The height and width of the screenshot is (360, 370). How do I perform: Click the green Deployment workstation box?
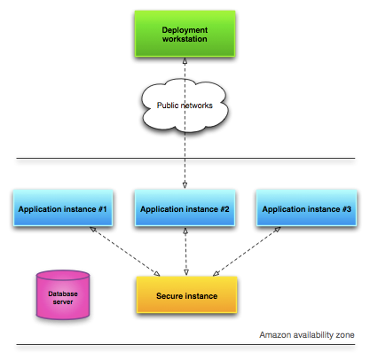pos(185,34)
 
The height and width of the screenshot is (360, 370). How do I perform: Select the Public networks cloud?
pos(185,106)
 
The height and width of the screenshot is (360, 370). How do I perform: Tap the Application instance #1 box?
pos(63,208)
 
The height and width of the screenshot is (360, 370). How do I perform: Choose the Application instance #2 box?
pos(185,208)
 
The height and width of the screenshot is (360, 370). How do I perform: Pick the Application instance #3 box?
pos(306,208)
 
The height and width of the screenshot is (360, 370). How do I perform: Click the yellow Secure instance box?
pos(186,294)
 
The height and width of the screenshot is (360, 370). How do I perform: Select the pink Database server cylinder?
pos(63,295)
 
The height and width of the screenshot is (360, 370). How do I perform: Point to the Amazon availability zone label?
pos(307,335)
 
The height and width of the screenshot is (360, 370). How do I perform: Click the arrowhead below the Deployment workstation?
pos(185,61)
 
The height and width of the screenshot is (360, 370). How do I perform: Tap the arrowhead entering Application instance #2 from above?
pos(185,185)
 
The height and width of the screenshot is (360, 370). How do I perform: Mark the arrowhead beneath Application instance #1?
pos(93,229)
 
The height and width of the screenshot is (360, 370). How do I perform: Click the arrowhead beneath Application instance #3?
pos(277,230)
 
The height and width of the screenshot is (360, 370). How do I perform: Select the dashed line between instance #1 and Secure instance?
pos(125,252)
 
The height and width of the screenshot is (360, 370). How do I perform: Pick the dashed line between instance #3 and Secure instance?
pos(247,252)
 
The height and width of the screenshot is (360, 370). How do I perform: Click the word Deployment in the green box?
pos(185,30)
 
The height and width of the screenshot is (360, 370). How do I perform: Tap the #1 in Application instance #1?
pos(102,209)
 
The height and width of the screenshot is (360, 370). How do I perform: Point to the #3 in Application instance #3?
pos(347,209)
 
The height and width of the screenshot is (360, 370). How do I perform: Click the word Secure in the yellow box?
pos(168,296)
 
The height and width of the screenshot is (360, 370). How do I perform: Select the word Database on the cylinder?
pos(63,293)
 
